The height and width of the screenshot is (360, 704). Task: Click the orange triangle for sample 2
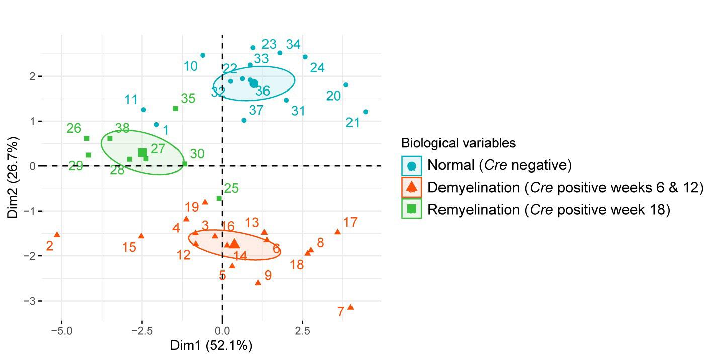pos(57,235)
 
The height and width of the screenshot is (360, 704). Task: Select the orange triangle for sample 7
pos(350,307)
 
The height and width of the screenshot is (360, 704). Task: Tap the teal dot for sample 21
pos(366,112)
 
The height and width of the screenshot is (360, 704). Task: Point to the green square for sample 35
pos(175,108)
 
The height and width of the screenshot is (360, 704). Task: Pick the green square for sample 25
pos(219,198)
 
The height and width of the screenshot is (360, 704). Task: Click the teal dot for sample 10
pos(203,55)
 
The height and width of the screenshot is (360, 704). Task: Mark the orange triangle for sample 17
pos(337,232)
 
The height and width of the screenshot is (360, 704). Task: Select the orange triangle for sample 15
pos(141,236)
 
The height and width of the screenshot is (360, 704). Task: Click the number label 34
pos(293,44)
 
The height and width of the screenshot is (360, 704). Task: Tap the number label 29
pos(76,166)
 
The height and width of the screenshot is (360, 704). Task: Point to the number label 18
pos(297,264)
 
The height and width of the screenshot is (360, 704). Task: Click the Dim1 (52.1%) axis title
pos(211,346)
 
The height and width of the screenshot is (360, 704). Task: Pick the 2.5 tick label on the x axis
pos(302,331)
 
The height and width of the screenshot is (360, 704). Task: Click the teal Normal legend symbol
pos(412,165)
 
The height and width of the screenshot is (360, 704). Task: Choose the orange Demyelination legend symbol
pos(412,187)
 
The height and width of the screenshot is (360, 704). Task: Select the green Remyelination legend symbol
pos(412,209)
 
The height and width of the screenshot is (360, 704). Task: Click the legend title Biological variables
pos(459,143)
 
